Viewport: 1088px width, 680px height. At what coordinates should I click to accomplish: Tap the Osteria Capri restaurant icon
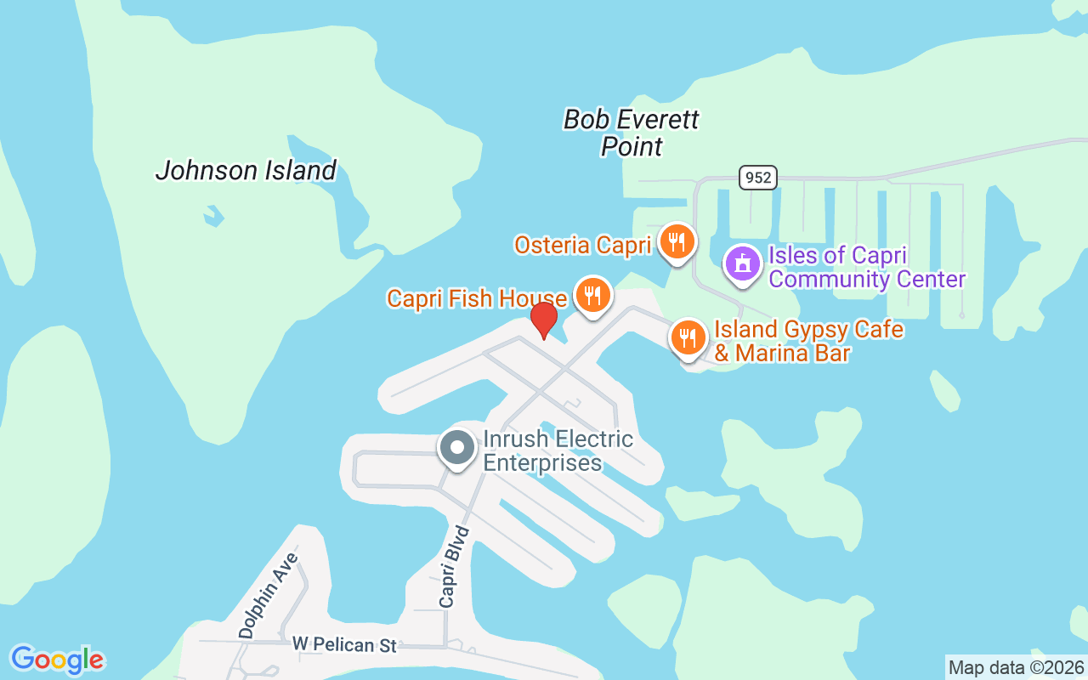pyautogui.click(x=676, y=242)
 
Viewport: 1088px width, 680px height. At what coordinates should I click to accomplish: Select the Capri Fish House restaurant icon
pyautogui.click(x=592, y=295)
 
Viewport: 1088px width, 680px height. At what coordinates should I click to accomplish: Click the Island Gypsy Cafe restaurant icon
pyautogui.click(x=688, y=337)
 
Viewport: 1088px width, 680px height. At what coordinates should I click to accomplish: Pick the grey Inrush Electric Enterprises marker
pyautogui.click(x=457, y=447)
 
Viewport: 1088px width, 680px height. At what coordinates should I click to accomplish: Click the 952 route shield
pyautogui.click(x=756, y=178)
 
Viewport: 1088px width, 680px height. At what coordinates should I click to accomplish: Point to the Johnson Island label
pyautogui.click(x=246, y=170)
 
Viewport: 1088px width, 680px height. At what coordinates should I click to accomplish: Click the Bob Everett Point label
pyautogui.click(x=632, y=133)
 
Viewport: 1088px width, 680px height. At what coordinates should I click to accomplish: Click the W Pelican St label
pyautogui.click(x=344, y=645)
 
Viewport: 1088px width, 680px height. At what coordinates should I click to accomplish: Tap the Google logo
pyautogui.click(x=57, y=659)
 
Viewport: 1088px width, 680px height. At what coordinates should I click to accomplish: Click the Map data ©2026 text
pyautogui.click(x=1016, y=667)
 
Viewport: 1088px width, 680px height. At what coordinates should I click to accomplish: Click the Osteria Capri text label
pyautogui.click(x=582, y=246)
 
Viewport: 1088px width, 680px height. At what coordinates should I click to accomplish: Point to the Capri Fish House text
pyautogui.click(x=477, y=298)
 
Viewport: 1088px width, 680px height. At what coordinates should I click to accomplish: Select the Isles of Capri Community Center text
pyautogui.click(x=867, y=267)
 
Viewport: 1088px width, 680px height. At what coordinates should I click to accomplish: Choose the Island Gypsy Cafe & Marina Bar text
pyautogui.click(x=807, y=341)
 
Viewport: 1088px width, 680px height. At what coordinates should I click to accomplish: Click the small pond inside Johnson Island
pyautogui.click(x=213, y=215)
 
